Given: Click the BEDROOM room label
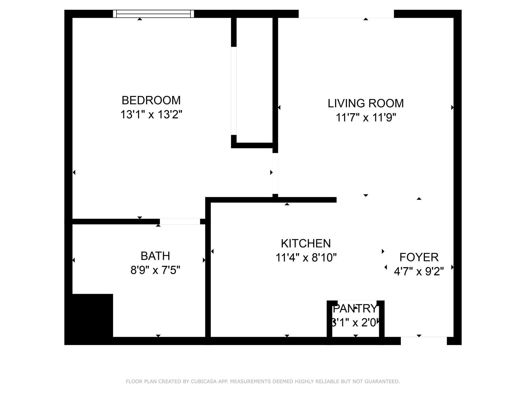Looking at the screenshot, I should (151, 100).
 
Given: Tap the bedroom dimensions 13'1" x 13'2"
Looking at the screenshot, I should (151, 114).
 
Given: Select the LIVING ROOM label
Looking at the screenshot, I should (366, 103).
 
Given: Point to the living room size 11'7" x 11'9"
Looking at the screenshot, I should (366, 118).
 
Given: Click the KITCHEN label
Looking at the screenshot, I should (306, 244).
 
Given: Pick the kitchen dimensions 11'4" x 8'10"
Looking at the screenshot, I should (306, 258).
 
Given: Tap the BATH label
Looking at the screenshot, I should (155, 256).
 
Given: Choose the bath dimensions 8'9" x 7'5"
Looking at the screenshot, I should (155, 270).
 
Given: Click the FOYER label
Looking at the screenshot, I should (419, 257).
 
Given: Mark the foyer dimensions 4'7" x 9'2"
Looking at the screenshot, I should (419, 272).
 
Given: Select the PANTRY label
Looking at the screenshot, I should (355, 309).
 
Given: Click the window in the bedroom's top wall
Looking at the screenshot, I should (153, 14).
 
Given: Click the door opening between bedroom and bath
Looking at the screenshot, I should (180, 222).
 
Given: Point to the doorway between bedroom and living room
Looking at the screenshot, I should (275, 173).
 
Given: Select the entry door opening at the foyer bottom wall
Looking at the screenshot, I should (424, 341).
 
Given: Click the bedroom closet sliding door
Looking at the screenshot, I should (234, 91).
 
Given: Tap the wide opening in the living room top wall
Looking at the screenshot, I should (346, 14).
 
